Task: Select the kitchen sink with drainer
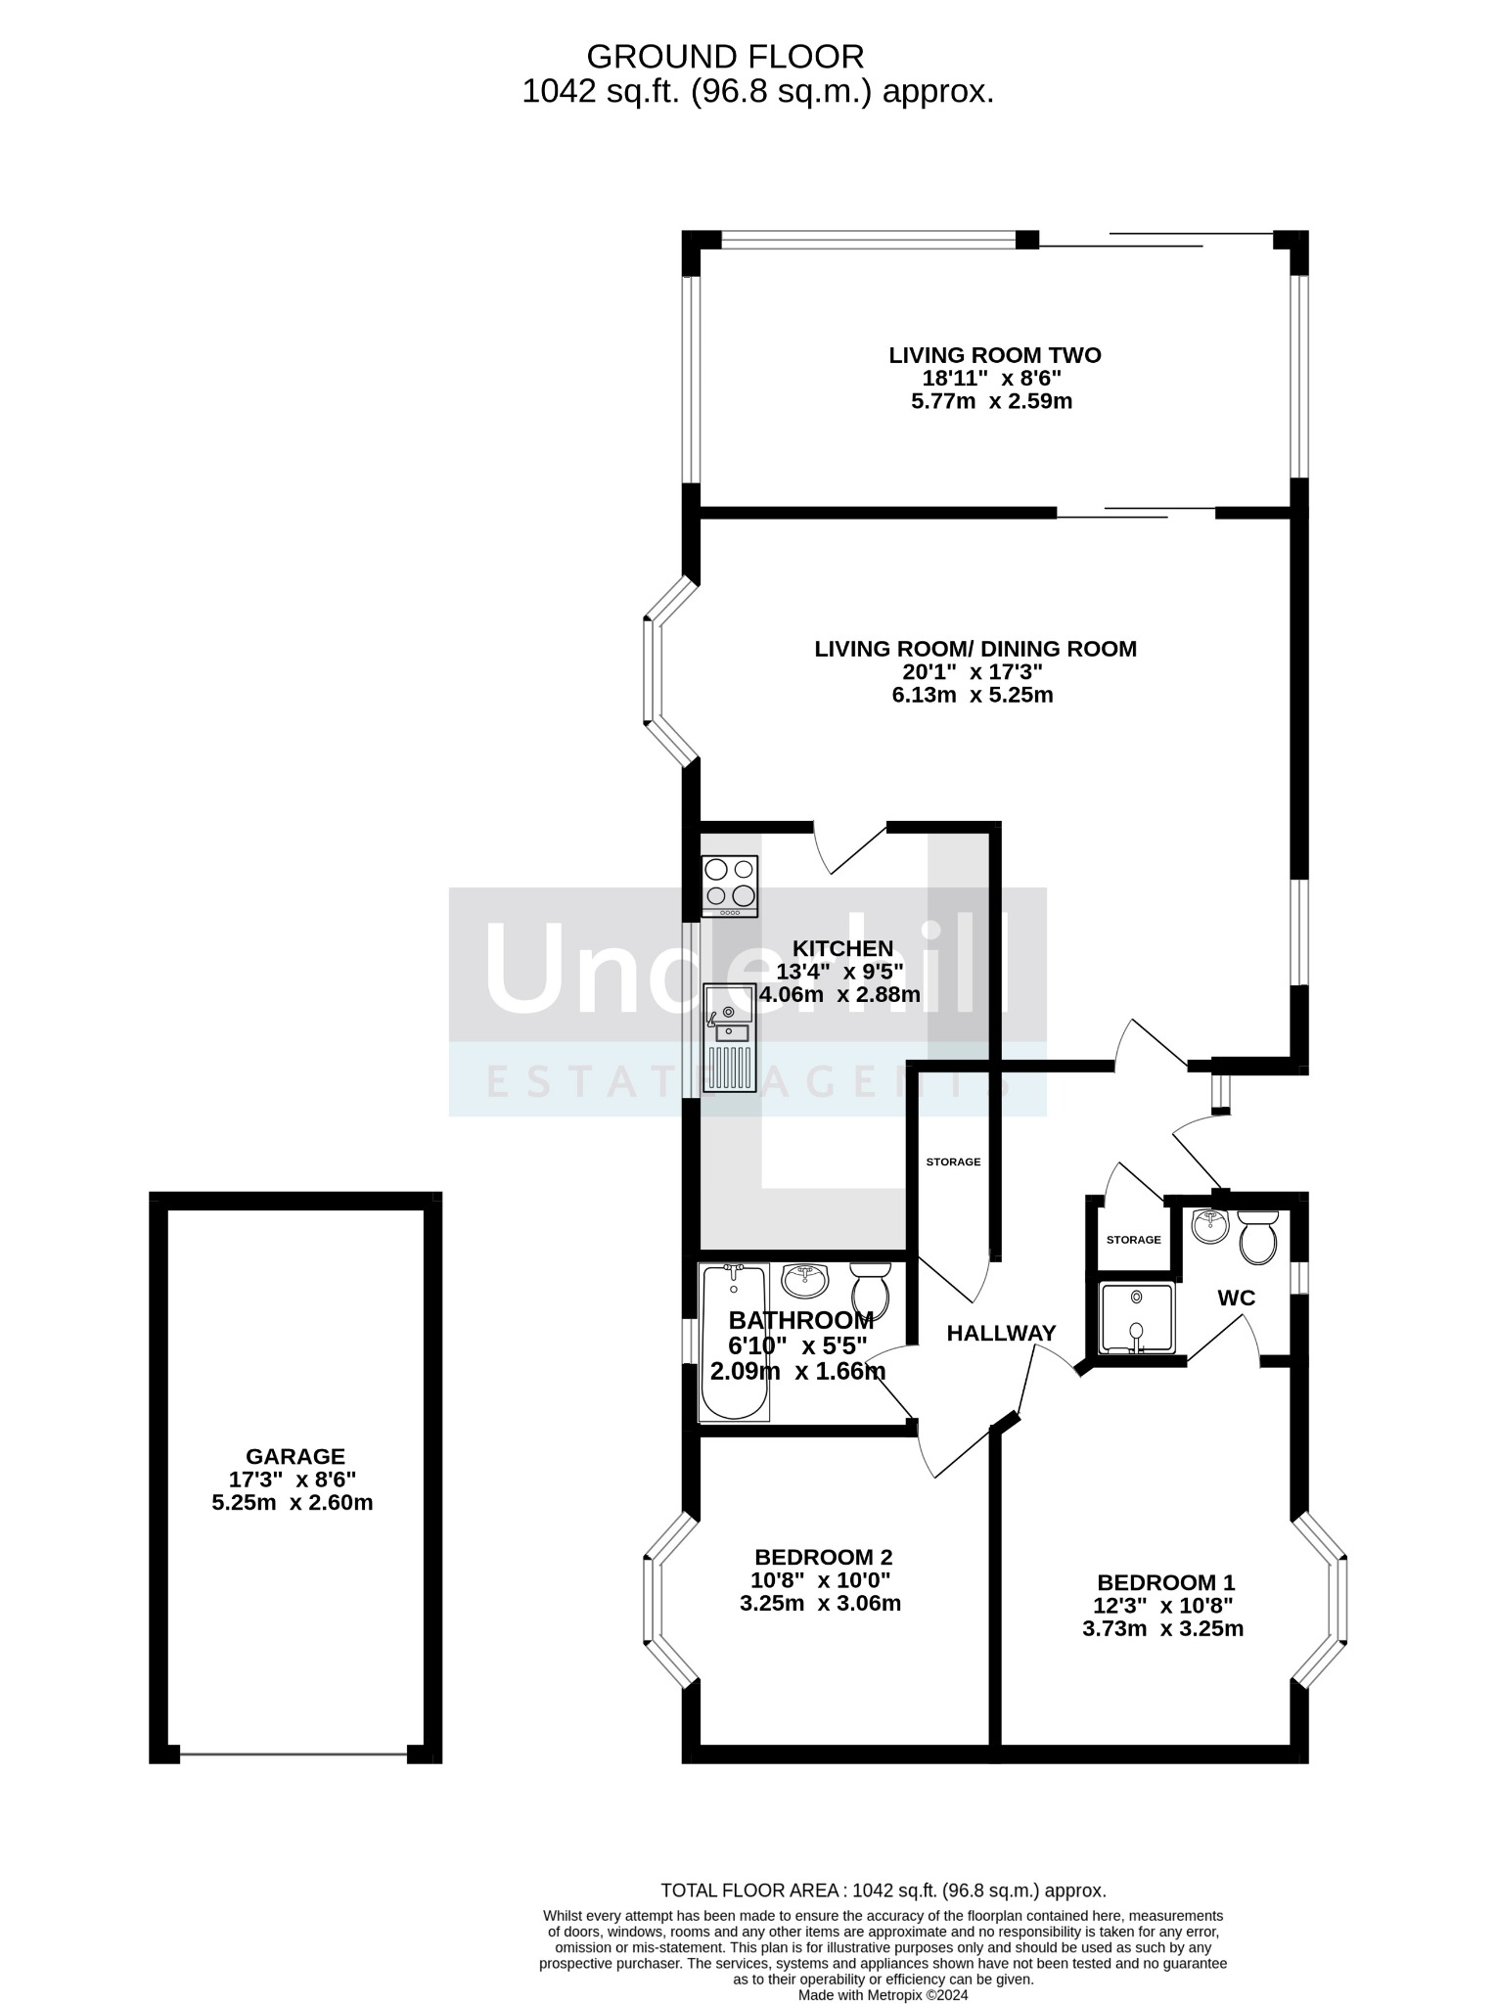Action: click(729, 1037)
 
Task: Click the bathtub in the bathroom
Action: click(734, 1342)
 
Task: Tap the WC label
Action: click(1236, 1298)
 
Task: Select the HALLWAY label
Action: click(1001, 1333)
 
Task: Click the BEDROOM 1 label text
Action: click(1166, 1582)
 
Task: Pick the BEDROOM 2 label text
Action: click(823, 1557)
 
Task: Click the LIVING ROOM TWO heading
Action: click(994, 355)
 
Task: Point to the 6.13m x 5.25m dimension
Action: click(972, 696)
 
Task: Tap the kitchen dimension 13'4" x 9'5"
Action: click(839, 972)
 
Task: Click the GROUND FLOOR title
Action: click(725, 56)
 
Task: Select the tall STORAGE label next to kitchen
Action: click(953, 1161)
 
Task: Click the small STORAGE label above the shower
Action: click(1133, 1240)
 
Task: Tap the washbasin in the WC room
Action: click(1209, 1224)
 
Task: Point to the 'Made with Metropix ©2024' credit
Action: click(883, 1994)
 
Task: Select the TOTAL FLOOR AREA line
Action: click(883, 1890)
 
